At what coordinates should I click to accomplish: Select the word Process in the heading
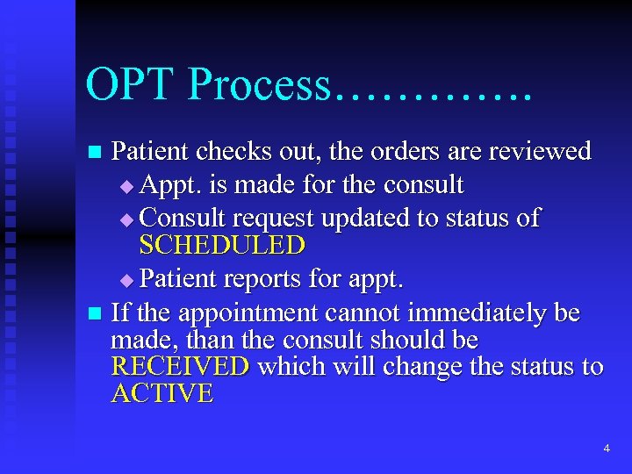(258, 85)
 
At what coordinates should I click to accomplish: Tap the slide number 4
(607, 449)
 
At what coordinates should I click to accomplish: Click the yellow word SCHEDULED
(222, 246)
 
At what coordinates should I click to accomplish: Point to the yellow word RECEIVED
(180, 366)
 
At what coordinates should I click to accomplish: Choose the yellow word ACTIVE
(162, 393)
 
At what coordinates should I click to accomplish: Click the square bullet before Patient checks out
(96, 153)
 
